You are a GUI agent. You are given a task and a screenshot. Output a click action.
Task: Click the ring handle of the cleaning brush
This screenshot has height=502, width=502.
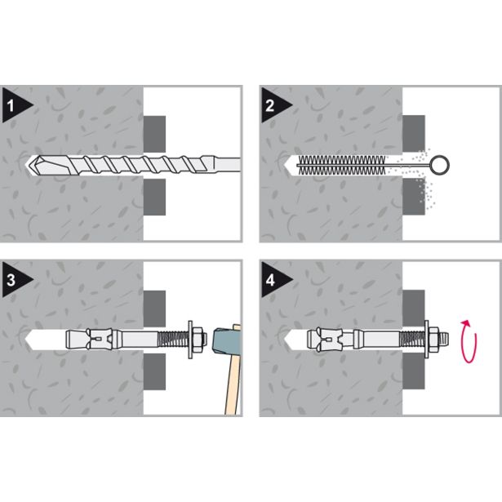(440, 165)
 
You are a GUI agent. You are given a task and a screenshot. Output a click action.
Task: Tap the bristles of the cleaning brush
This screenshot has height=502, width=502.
(341, 165)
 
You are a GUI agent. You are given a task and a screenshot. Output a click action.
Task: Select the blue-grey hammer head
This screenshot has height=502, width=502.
(224, 340)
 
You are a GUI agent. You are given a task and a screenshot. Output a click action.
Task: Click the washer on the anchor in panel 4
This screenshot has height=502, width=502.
(427, 340)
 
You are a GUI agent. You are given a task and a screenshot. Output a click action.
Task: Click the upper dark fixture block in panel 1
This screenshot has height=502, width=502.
(154, 134)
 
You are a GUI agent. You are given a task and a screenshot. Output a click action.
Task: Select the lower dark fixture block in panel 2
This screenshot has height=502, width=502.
(414, 197)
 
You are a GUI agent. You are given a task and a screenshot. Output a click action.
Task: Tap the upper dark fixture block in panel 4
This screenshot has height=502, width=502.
(414, 309)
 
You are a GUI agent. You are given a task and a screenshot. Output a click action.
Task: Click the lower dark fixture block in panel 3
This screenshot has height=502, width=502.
(154, 371)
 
